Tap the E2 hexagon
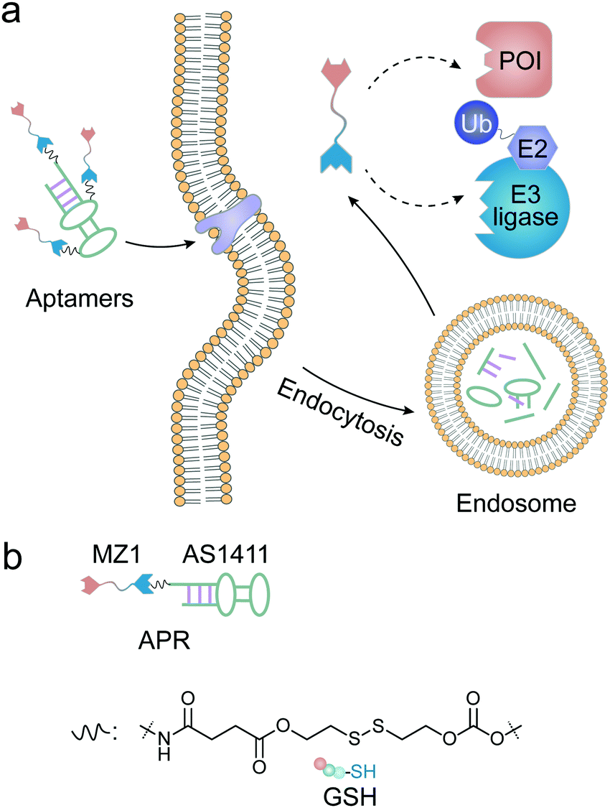pos(532,148)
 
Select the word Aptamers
pos(79,298)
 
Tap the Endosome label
pos(516,503)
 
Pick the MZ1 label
pos(116,554)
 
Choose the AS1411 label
pos(225,554)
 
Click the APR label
pos(164,641)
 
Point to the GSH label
pos(350,796)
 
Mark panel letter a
pos(11,12)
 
